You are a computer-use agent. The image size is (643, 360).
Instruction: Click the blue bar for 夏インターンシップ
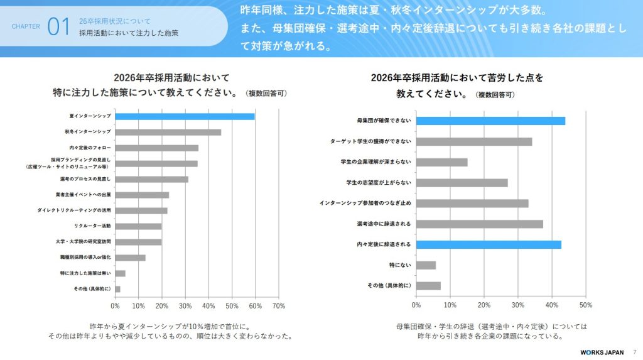click(x=185, y=116)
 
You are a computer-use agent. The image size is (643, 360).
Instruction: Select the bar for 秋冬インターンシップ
click(x=168, y=132)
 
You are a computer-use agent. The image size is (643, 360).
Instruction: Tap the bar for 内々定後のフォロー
click(x=157, y=148)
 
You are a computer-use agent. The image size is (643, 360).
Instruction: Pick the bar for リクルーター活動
click(x=139, y=226)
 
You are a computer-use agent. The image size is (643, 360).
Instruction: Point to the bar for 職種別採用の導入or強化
click(x=131, y=258)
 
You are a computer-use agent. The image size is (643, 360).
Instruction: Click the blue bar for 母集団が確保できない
click(x=490, y=121)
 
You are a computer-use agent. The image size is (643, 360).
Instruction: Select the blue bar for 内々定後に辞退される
click(x=489, y=244)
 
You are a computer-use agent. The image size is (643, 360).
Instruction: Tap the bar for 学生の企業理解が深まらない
click(x=442, y=162)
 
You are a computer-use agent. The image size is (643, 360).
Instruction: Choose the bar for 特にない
click(x=426, y=265)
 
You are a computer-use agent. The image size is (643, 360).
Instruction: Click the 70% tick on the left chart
click(x=279, y=306)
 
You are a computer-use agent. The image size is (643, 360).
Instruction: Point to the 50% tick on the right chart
click(x=585, y=305)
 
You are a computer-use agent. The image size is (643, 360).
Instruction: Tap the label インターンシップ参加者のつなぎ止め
click(x=365, y=204)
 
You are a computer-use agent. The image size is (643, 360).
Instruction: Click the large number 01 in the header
click(x=58, y=27)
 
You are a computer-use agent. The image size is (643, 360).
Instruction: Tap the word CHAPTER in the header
click(x=26, y=27)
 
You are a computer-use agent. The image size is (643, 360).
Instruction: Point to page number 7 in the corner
click(x=634, y=351)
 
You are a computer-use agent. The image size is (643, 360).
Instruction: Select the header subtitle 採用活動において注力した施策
click(x=128, y=33)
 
